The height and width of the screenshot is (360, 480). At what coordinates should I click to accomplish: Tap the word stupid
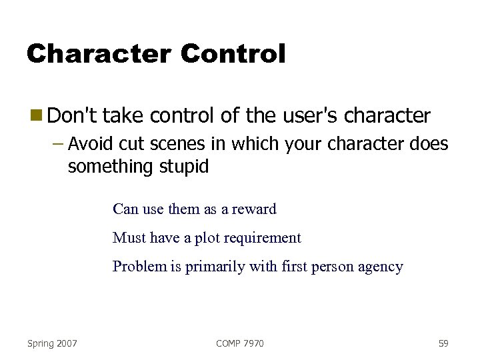click(183, 167)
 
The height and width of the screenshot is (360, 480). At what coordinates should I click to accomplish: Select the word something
click(111, 167)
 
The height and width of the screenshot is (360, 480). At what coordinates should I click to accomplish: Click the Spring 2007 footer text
click(52, 343)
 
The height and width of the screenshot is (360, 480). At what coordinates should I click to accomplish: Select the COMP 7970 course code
click(240, 343)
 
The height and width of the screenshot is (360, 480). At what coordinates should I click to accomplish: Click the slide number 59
click(443, 343)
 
